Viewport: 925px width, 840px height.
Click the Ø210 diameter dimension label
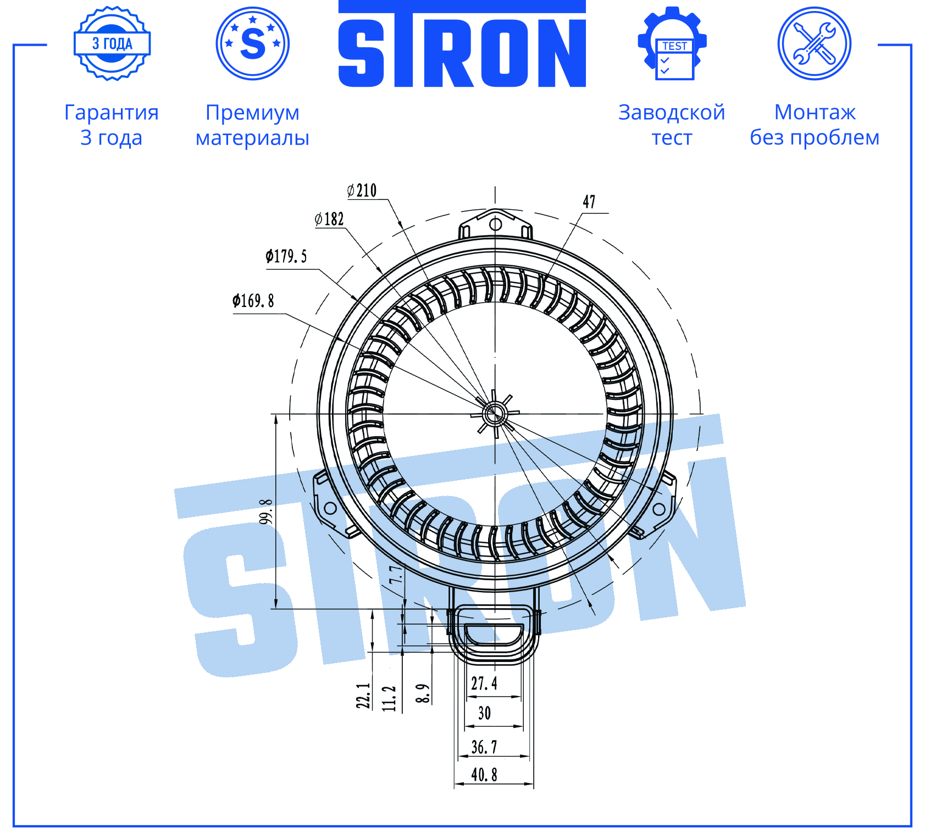(362, 191)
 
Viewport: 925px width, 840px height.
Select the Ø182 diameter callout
(329, 219)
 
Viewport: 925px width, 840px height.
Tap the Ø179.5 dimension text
(286, 256)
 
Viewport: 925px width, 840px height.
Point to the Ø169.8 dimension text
(253, 301)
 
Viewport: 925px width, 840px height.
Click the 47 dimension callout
(589, 202)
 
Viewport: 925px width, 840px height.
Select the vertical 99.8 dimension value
(266, 511)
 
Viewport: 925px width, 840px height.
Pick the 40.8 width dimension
(484, 775)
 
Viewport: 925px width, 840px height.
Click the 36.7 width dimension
(484, 747)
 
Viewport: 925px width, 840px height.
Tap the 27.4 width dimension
(484, 683)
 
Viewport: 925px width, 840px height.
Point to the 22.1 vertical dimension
(363, 696)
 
